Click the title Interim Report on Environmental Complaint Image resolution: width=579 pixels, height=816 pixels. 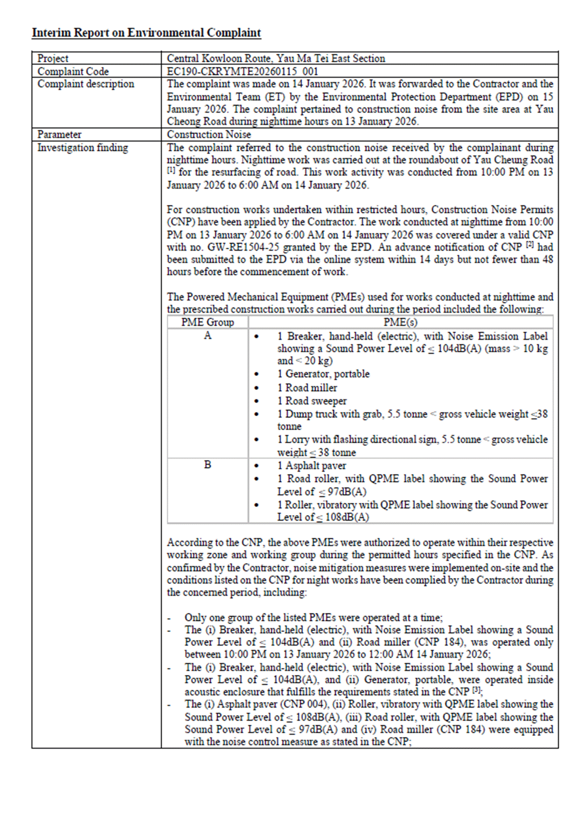click(x=146, y=33)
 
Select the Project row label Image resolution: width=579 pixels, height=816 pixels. click(x=53, y=59)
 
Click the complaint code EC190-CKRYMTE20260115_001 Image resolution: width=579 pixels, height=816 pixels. click(x=242, y=71)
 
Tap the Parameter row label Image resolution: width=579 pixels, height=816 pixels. click(x=59, y=135)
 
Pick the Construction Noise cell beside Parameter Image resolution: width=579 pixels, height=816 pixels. click(x=209, y=135)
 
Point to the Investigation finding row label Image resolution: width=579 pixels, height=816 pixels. click(x=83, y=148)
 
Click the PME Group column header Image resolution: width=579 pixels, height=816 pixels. click(x=208, y=322)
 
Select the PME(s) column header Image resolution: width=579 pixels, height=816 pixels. click(x=400, y=322)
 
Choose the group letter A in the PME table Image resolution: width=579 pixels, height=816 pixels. click(x=208, y=335)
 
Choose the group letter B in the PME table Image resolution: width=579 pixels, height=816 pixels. click(x=208, y=465)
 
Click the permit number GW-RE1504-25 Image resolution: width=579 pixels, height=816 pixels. click(x=243, y=247)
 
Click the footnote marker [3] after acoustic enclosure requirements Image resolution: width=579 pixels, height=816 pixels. click(x=477, y=691)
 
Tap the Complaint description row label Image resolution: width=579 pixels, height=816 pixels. click(x=86, y=84)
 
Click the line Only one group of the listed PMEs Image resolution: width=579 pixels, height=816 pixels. click(x=313, y=618)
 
